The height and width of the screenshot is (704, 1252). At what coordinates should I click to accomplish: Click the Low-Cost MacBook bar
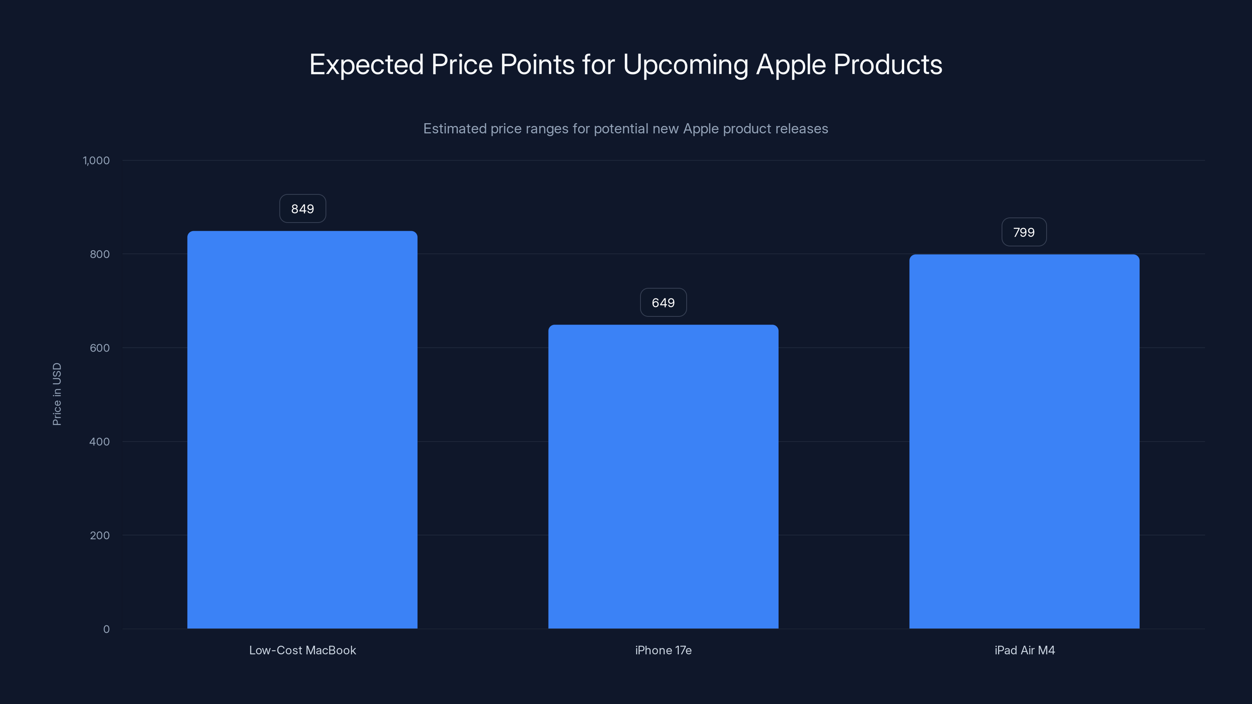point(302,430)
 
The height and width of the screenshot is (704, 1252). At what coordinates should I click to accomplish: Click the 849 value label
point(302,209)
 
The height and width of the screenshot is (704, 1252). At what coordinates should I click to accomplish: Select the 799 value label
point(1024,232)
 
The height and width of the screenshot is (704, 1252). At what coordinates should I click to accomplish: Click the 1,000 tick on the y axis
point(96,160)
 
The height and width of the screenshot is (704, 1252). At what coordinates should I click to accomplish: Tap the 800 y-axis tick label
point(100,254)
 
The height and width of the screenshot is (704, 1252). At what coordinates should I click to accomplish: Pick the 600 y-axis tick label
point(100,348)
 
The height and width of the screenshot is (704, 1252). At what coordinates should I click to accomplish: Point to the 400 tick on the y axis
point(100,442)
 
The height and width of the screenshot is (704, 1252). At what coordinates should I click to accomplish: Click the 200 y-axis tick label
point(100,535)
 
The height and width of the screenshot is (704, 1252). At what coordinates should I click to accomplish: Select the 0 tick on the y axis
point(106,629)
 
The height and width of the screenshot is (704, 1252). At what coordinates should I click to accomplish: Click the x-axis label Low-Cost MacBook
point(302,650)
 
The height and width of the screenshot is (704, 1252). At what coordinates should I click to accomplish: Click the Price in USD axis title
point(57,394)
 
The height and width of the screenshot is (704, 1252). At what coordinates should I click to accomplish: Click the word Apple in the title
point(791,65)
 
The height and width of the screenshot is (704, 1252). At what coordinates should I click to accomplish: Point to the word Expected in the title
point(367,65)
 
